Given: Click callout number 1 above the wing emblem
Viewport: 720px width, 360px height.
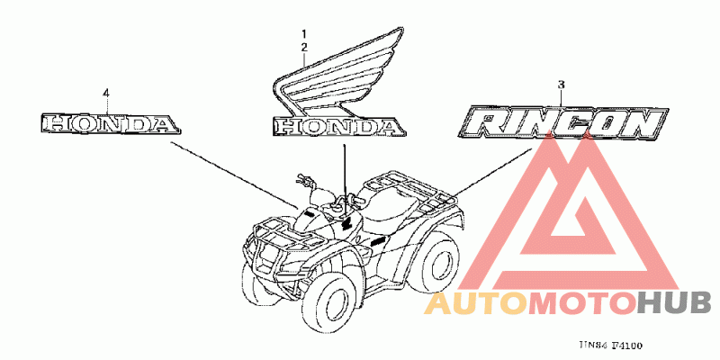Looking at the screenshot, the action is (x=304, y=33).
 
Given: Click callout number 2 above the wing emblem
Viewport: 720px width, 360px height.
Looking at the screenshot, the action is (x=304, y=46).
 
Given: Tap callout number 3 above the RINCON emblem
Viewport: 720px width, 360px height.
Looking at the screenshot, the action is (x=560, y=85).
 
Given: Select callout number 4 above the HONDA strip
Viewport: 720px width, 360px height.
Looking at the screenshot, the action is (x=106, y=93).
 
